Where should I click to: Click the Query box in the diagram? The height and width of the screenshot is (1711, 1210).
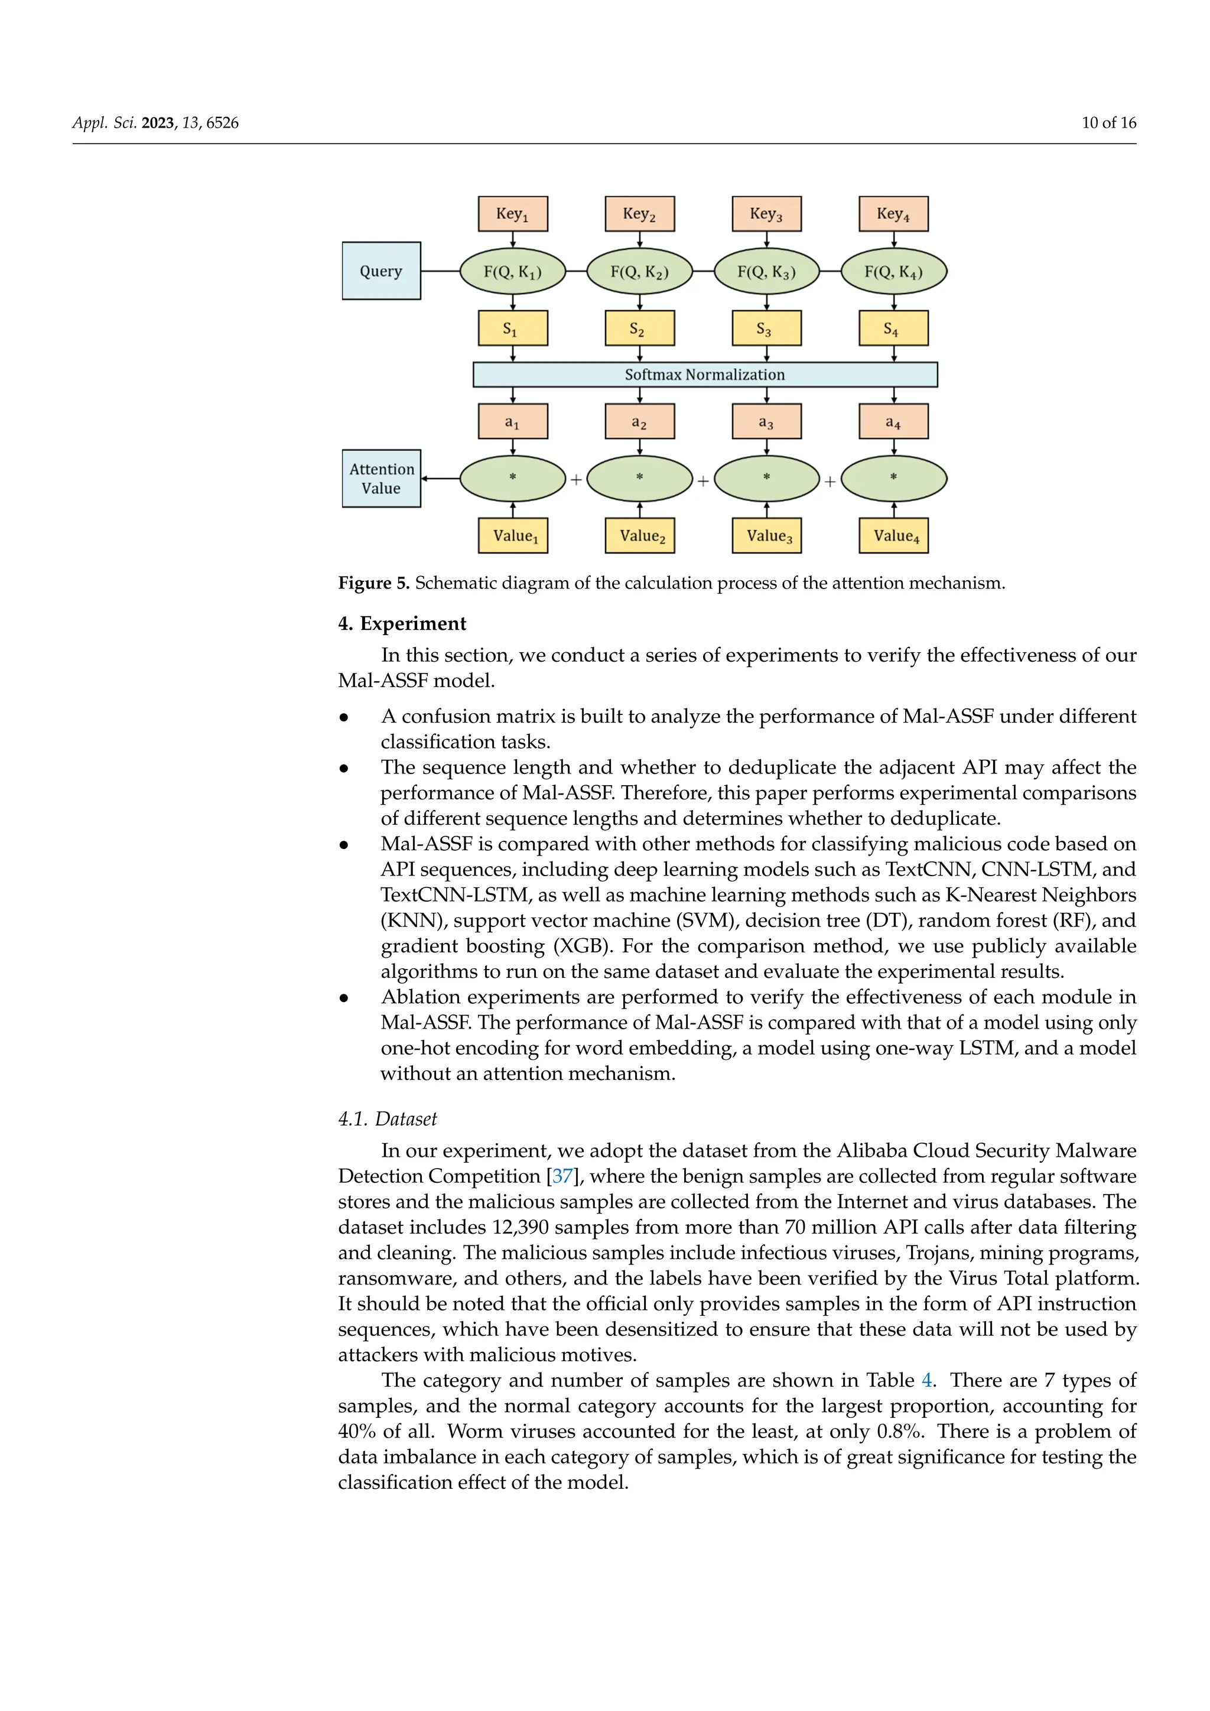tap(380, 271)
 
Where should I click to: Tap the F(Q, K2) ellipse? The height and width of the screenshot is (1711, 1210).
tap(639, 271)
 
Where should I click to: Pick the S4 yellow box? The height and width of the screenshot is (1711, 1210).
tap(893, 328)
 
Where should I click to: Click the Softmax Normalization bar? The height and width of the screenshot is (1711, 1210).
tap(705, 375)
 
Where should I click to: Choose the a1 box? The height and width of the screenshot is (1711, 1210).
tap(513, 422)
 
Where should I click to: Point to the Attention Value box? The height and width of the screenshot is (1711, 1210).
tap(380, 479)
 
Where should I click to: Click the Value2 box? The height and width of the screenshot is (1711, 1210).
tap(639, 536)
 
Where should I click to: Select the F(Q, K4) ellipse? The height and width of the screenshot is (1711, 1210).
tap(893, 271)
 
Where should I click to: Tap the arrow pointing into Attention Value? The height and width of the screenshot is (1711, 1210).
tap(440, 479)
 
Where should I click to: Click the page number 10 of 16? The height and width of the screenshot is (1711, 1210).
tap(1108, 123)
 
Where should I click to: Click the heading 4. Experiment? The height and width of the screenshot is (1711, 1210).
tap(402, 624)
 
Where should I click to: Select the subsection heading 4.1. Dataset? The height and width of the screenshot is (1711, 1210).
tap(388, 1120)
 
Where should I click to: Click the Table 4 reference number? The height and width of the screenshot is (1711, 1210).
tap(927, 1381)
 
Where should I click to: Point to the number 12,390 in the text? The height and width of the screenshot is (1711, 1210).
tap(520, 1227)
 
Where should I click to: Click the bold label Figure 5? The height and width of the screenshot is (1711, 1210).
tap(373, 583)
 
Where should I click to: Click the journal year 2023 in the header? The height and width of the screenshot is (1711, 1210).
tap(157, 123)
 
